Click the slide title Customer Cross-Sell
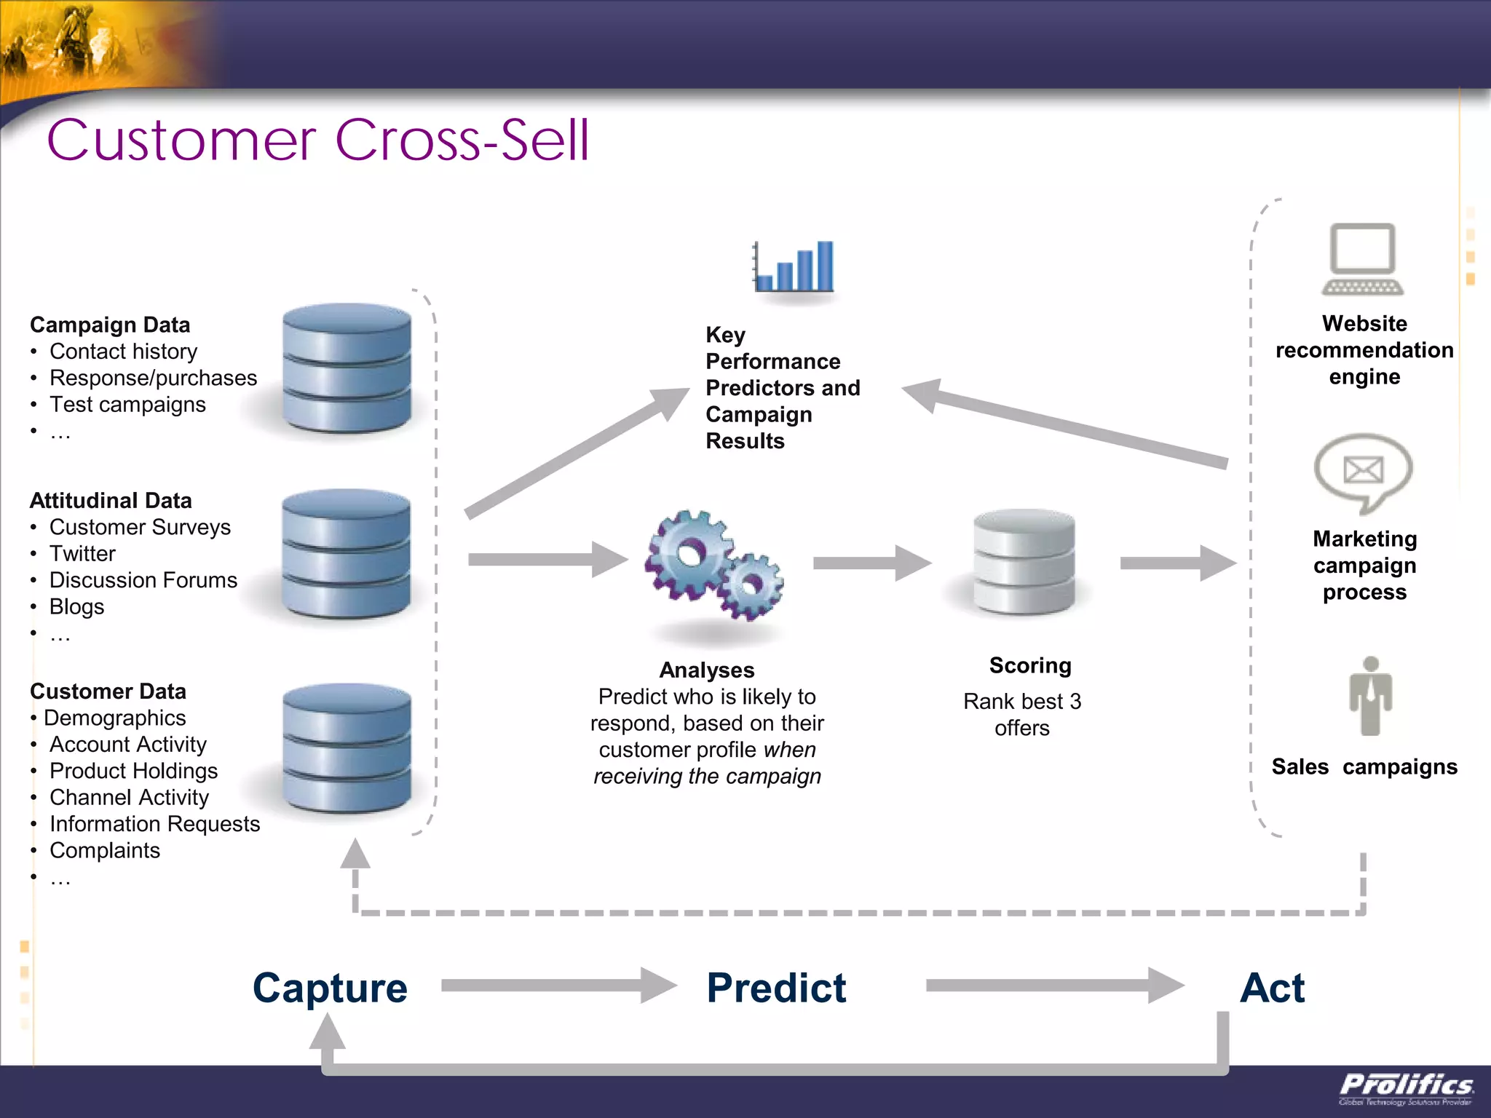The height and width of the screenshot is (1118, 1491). click(x=317, y=140)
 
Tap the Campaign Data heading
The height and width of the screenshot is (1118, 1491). click(x=110, y=325)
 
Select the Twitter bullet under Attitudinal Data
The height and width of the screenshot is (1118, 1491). click(x=82, y=554)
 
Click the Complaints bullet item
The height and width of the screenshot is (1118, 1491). click(x=105, y=850)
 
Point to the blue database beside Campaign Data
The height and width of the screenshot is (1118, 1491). click(x=347, y=368)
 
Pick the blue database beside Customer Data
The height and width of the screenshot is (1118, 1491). click(x=347, y=748)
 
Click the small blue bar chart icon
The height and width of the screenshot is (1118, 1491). click(x=794, y=266)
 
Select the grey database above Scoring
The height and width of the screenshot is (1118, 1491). click(x=1024, y=562)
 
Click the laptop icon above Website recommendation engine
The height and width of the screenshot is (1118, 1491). click(x=1362, y=259)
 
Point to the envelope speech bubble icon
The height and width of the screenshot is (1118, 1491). click(x=1363, y=472)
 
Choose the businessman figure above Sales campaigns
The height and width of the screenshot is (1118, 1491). click(x=1370, y=697)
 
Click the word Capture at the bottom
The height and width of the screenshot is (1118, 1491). click(x=330, y=988)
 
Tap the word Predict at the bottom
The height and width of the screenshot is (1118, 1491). click(x=776, y=988)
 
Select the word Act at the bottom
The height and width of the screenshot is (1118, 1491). click(x=1272, y=988)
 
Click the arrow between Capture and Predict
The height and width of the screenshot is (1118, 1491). click(x=558, y=986)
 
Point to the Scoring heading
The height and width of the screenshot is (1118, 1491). click(x=1030, y=665)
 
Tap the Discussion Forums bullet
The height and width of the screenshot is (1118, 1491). click(x=143, y=580)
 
